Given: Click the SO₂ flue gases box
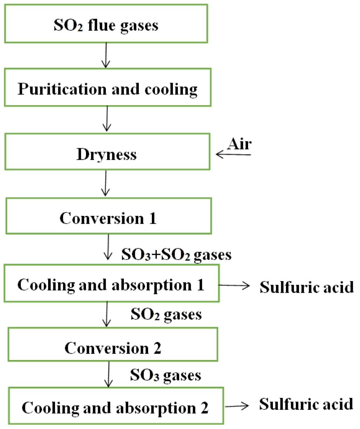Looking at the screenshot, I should tap(106, 24).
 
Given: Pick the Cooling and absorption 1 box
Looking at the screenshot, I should tap(111, 285).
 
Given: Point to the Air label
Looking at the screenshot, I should tap(240, 144).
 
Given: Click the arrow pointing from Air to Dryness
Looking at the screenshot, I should tap(233, 155).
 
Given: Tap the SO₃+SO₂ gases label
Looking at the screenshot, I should tap(176, 255).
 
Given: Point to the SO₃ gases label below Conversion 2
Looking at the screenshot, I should tap(166, 375).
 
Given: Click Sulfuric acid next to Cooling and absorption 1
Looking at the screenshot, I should tap(306, 287).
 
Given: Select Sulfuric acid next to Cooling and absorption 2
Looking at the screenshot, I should tap(306, 404).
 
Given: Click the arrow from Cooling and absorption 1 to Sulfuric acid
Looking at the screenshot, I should tap(234, 285).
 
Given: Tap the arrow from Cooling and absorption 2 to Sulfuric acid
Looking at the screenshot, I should tap(237, 406).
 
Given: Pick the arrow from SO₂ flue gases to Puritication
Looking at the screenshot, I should tap(106, 55).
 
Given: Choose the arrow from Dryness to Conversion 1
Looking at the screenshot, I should tap(106, 183).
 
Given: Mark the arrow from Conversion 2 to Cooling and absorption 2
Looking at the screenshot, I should tap(109, 374).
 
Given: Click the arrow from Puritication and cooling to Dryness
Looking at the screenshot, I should tap(107, 119).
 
